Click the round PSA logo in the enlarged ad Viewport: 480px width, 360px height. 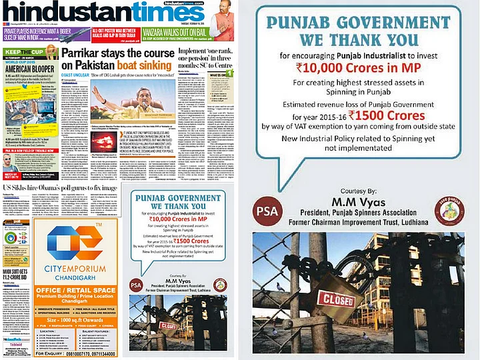click(267, 212)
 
